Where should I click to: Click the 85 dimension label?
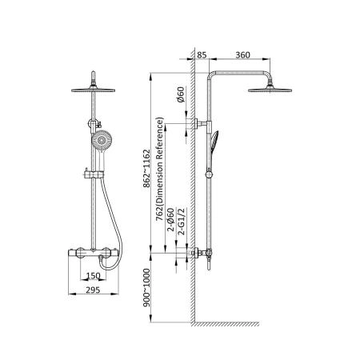(x=202, y=55)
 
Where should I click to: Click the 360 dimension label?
(x=242, y=55)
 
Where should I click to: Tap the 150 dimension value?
(x=93, y=276)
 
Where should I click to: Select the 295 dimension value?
(x=93, y=290)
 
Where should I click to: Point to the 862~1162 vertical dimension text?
(x=147, y=169)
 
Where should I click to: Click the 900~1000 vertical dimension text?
(x=147, y=287)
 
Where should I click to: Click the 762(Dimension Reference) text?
(x=159, y=169)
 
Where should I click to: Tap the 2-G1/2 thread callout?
(x=182, y=222)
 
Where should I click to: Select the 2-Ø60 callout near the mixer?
(x=171, y=219)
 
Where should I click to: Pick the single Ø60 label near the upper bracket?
(x=181, y=94)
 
